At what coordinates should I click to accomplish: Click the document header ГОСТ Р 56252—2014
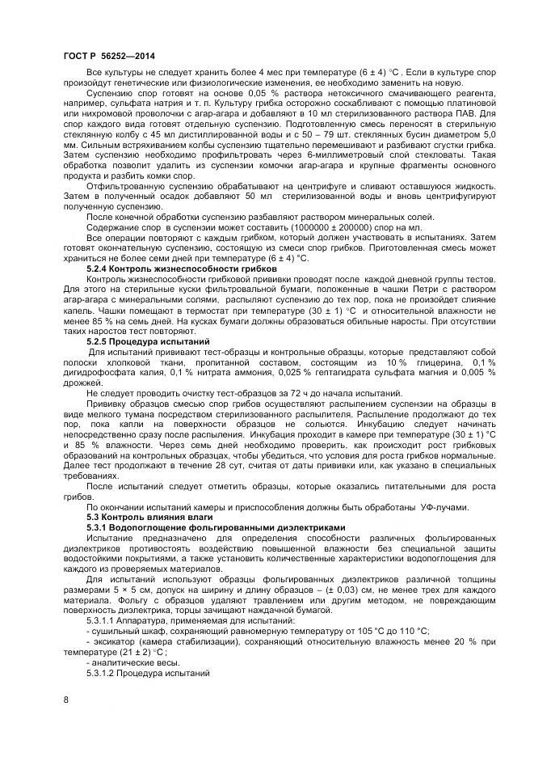[108, 56]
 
